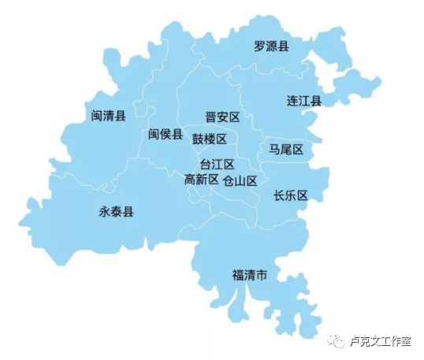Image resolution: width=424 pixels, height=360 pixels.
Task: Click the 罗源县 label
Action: (271, 46)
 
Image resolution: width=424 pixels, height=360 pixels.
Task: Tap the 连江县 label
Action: (303, 102)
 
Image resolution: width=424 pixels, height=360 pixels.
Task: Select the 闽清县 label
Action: (109, 116)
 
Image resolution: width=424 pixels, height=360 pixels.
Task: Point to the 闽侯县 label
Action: (166, 134)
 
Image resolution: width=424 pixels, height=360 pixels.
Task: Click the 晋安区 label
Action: (222, 117)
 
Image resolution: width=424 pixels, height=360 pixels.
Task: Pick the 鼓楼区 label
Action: (210, 139)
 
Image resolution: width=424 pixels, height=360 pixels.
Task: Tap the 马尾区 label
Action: (286, 149)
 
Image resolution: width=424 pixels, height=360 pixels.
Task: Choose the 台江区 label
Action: (218, 165)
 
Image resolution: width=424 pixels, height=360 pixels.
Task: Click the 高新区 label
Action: (201, 180)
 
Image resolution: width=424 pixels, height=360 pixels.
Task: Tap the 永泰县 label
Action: (116, 212)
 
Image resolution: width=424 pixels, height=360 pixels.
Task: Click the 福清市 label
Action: (249, 275)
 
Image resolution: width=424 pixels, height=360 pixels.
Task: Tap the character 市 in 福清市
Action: (262, 275)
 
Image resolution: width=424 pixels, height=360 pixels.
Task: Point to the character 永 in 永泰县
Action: (104, 212)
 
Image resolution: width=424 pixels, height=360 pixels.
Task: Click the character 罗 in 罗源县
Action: (259, 46)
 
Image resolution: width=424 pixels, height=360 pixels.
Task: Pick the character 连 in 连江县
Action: (292, 102)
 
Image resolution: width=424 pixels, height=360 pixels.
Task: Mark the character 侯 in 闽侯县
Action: (166, 134)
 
